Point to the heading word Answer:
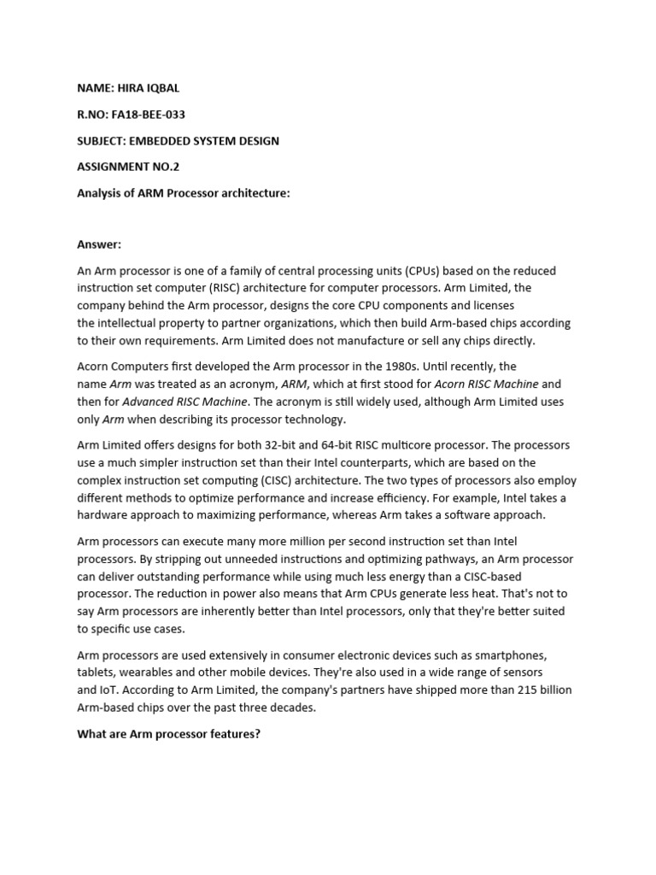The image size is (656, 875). click(100, 245)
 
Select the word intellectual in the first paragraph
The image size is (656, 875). click(129, 323)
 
